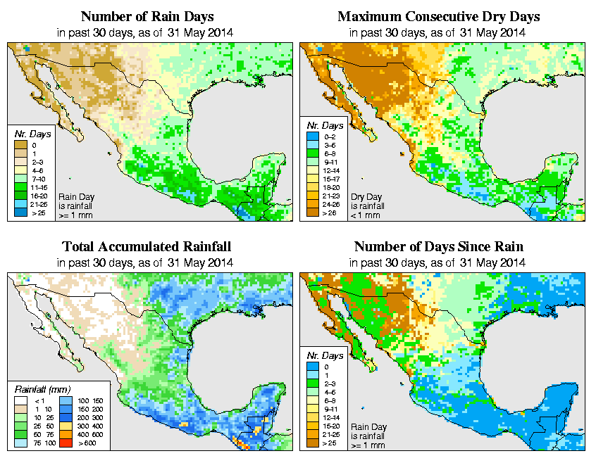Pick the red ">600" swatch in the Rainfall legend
click(63, 445)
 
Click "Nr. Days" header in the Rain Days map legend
click(28, 134)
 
